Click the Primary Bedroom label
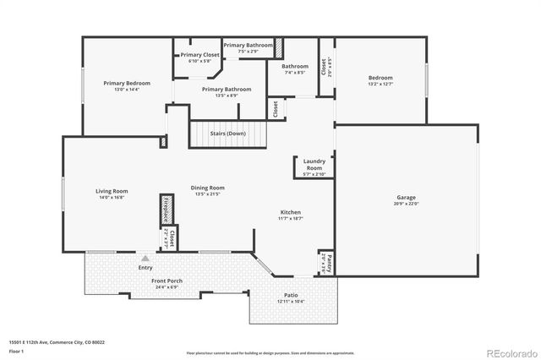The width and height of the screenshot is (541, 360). pos(127,83)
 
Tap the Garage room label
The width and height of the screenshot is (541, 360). pos(407,197)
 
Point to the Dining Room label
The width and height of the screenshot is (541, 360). pos(207,188)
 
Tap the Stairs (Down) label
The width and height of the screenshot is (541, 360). pos(227,134)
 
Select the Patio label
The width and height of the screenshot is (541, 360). pos(291,297)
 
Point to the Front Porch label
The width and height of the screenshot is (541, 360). pos(167,281)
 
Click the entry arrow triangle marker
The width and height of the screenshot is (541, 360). pos(145,258)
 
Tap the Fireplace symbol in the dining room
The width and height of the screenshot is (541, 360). pos(167,210)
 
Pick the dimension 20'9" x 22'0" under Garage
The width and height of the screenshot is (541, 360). pos(407,203)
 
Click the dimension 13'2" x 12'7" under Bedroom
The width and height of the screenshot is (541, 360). pos(380,84)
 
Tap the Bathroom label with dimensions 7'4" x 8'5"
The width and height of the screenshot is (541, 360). pos(295,66)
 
